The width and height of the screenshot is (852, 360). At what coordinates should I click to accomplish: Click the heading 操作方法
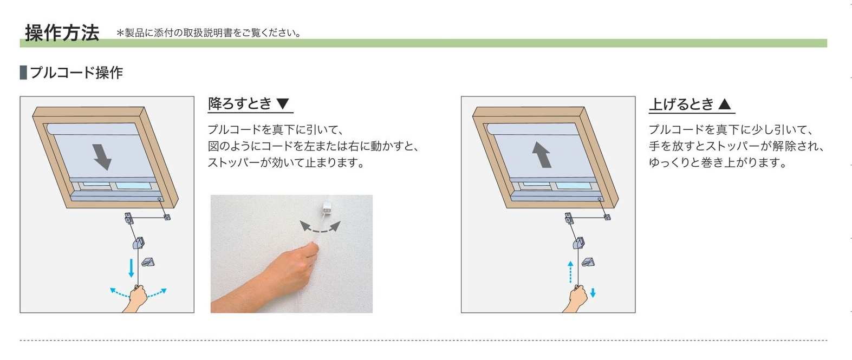point(62,32)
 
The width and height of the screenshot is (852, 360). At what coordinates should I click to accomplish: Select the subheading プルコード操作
point(76,72)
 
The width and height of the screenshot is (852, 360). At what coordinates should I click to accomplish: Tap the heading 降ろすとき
point(240,103)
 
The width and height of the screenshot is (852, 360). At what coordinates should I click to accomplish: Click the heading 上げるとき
point(681,104)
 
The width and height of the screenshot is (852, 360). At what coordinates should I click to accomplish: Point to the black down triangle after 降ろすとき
point(283,103)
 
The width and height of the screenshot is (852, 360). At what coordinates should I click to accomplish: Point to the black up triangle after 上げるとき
point(725,104)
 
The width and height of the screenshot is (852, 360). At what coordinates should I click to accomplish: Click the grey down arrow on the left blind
point(102,156)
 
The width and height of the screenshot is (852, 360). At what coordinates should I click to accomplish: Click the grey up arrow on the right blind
point(541,154)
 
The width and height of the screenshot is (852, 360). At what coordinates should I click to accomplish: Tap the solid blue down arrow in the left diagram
point(131,268)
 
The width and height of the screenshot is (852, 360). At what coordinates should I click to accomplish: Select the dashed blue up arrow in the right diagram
point(570,272)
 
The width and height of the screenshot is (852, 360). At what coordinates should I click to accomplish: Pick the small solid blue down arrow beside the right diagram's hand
point(593,293)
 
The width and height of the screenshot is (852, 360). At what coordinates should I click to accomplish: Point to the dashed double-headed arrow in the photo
point(320,227)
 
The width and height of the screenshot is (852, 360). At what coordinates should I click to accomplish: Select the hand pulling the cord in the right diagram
point(575,298)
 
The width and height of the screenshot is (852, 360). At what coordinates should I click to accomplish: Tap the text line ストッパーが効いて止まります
point(286,163)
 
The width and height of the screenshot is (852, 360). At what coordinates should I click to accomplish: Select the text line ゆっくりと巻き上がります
point(717,163)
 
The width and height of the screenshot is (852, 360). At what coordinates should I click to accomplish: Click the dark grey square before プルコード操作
point(23,72)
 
